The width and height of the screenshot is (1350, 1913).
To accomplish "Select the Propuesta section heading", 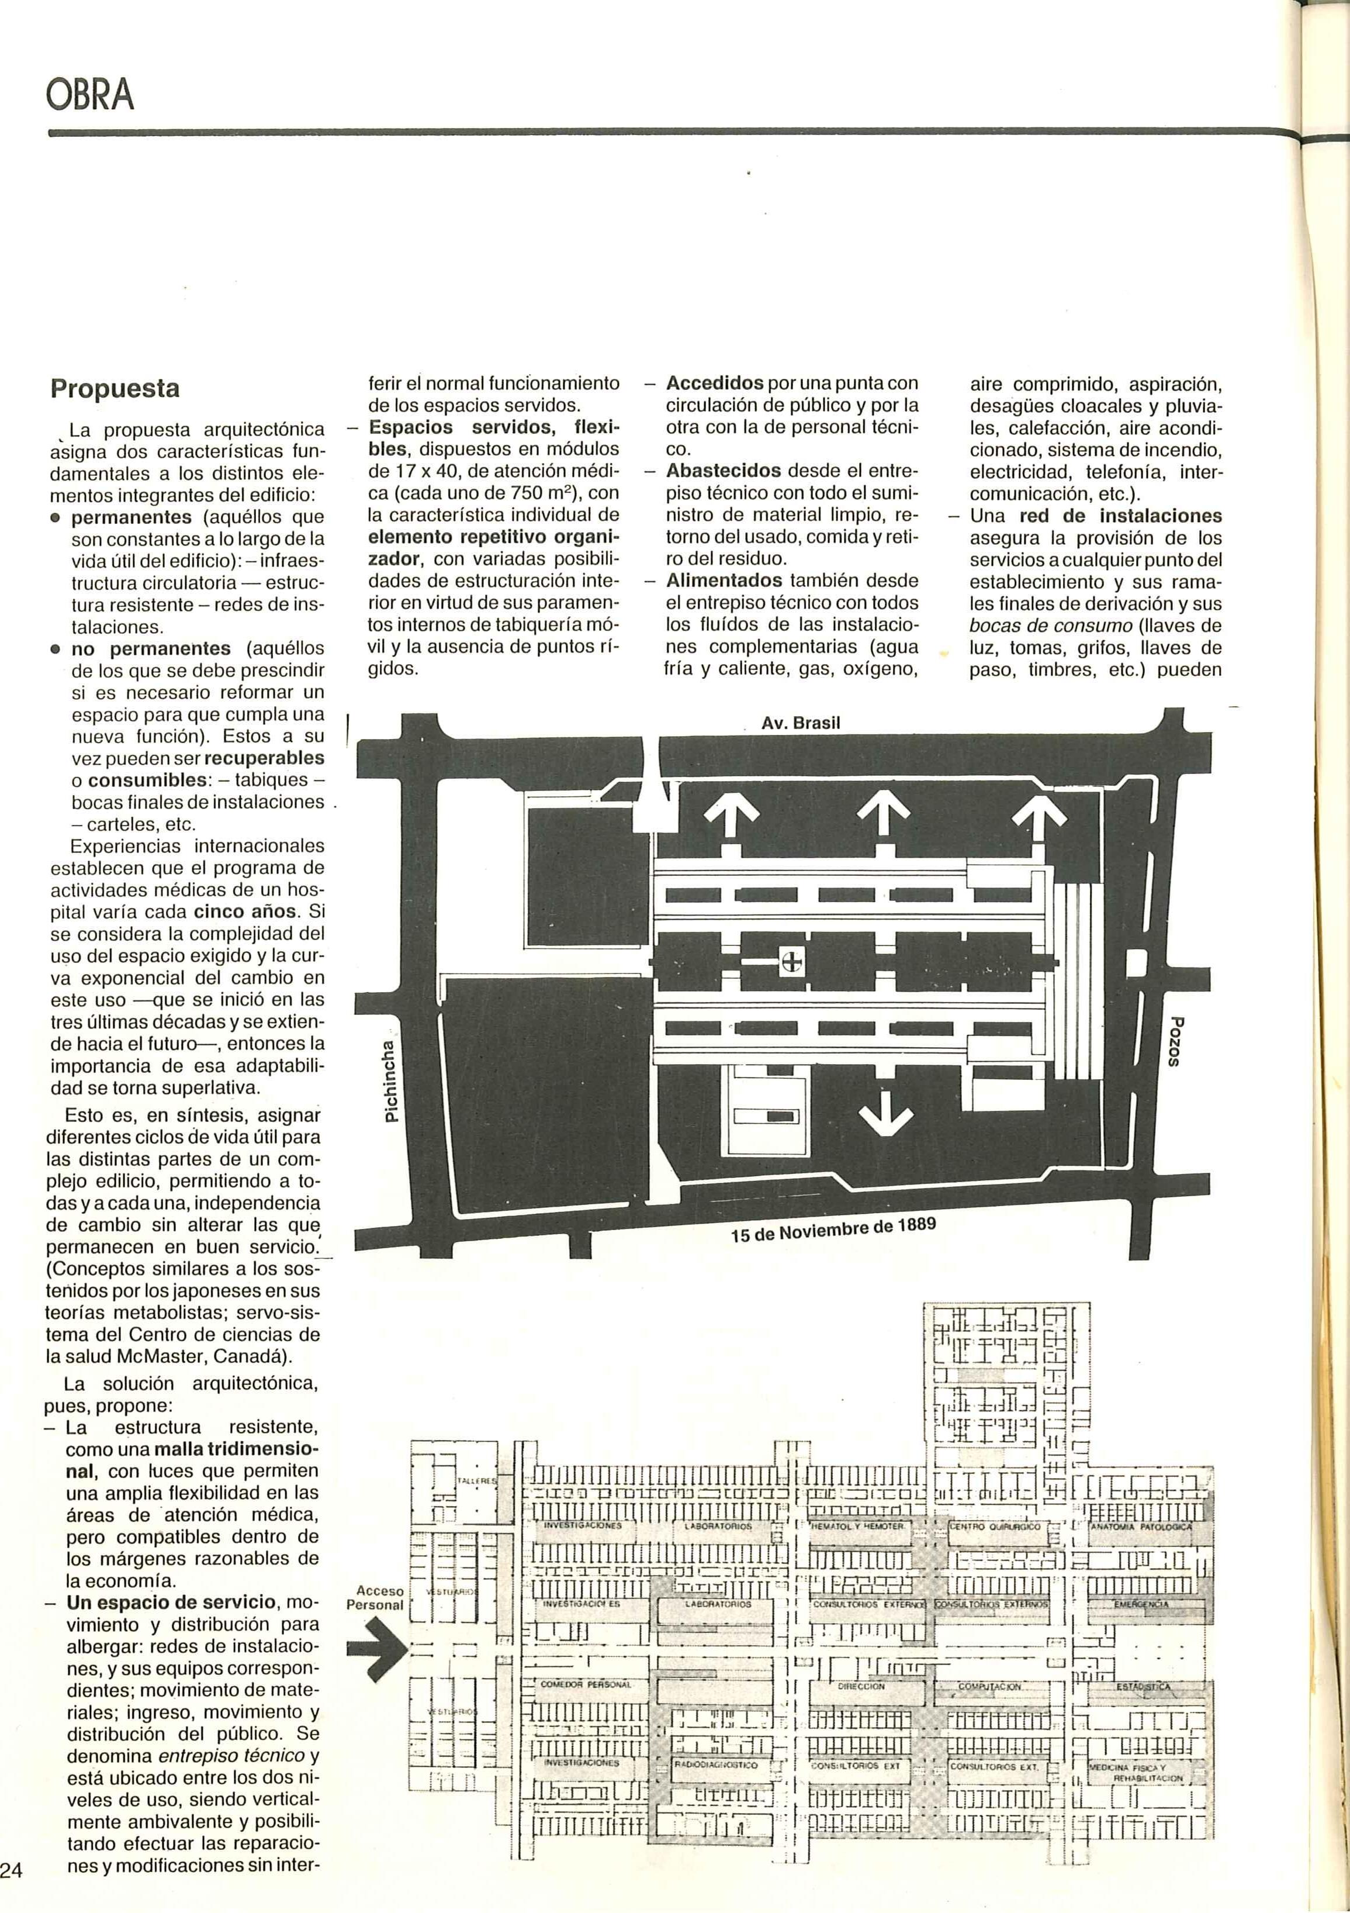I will (115, 389).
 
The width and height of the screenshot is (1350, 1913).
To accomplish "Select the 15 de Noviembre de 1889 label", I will (833, 1231).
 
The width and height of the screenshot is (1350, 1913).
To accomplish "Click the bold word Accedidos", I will (715, 384).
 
